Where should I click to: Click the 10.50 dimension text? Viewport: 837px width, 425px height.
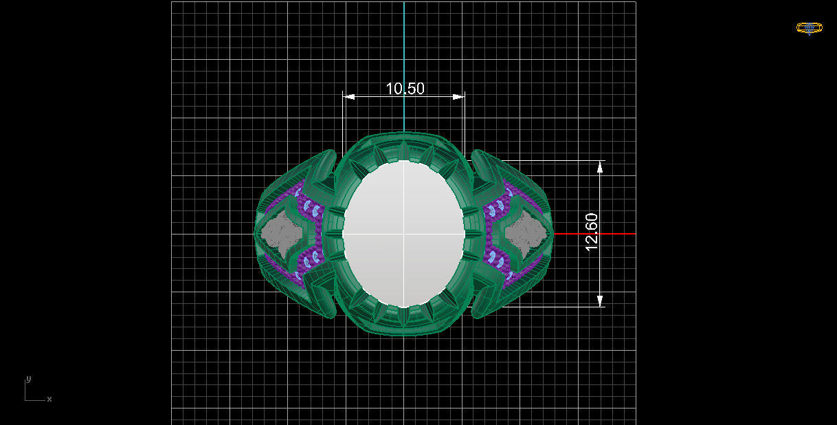pos(405,89)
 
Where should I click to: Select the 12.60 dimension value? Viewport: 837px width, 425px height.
pos(592,232)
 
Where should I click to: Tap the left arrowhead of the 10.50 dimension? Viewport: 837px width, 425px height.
pos(349,97)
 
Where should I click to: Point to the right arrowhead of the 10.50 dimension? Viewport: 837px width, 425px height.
pos(458,97)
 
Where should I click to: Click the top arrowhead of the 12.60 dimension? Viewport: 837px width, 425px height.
pos(600,166)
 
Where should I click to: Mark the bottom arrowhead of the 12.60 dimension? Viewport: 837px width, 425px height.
pos(600,301)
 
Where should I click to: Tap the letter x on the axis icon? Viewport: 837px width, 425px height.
pos(49,399)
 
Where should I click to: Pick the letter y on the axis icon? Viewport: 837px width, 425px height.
pos(28,379)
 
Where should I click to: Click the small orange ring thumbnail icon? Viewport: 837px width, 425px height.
pos(809,28)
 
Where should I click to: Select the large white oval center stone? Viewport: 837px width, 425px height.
pos(404,206)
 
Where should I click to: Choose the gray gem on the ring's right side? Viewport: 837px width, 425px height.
pos(528,232)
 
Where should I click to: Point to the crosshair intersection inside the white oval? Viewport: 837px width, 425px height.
pos(404,234)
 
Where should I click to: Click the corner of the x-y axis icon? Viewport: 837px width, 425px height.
pos(26,400)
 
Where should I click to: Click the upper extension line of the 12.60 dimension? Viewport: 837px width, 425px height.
pos(550,161)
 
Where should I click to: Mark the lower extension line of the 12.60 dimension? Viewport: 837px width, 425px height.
pos(550,307)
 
